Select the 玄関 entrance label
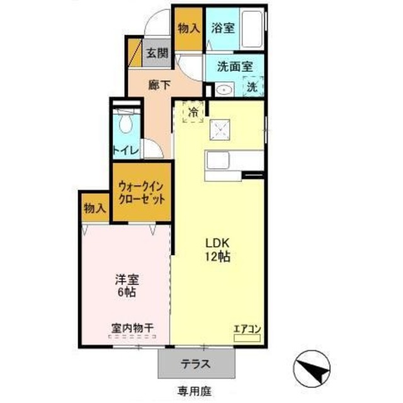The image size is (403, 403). click(x=157, y=54)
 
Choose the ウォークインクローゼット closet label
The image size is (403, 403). click(x=142, y=192)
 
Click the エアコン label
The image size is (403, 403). click(x=247, y=328)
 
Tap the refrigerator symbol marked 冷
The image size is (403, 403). click(x=193, y=112)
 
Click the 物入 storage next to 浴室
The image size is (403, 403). click(x=188, y=28)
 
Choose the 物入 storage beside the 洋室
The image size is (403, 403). click(x=94, y=208)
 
